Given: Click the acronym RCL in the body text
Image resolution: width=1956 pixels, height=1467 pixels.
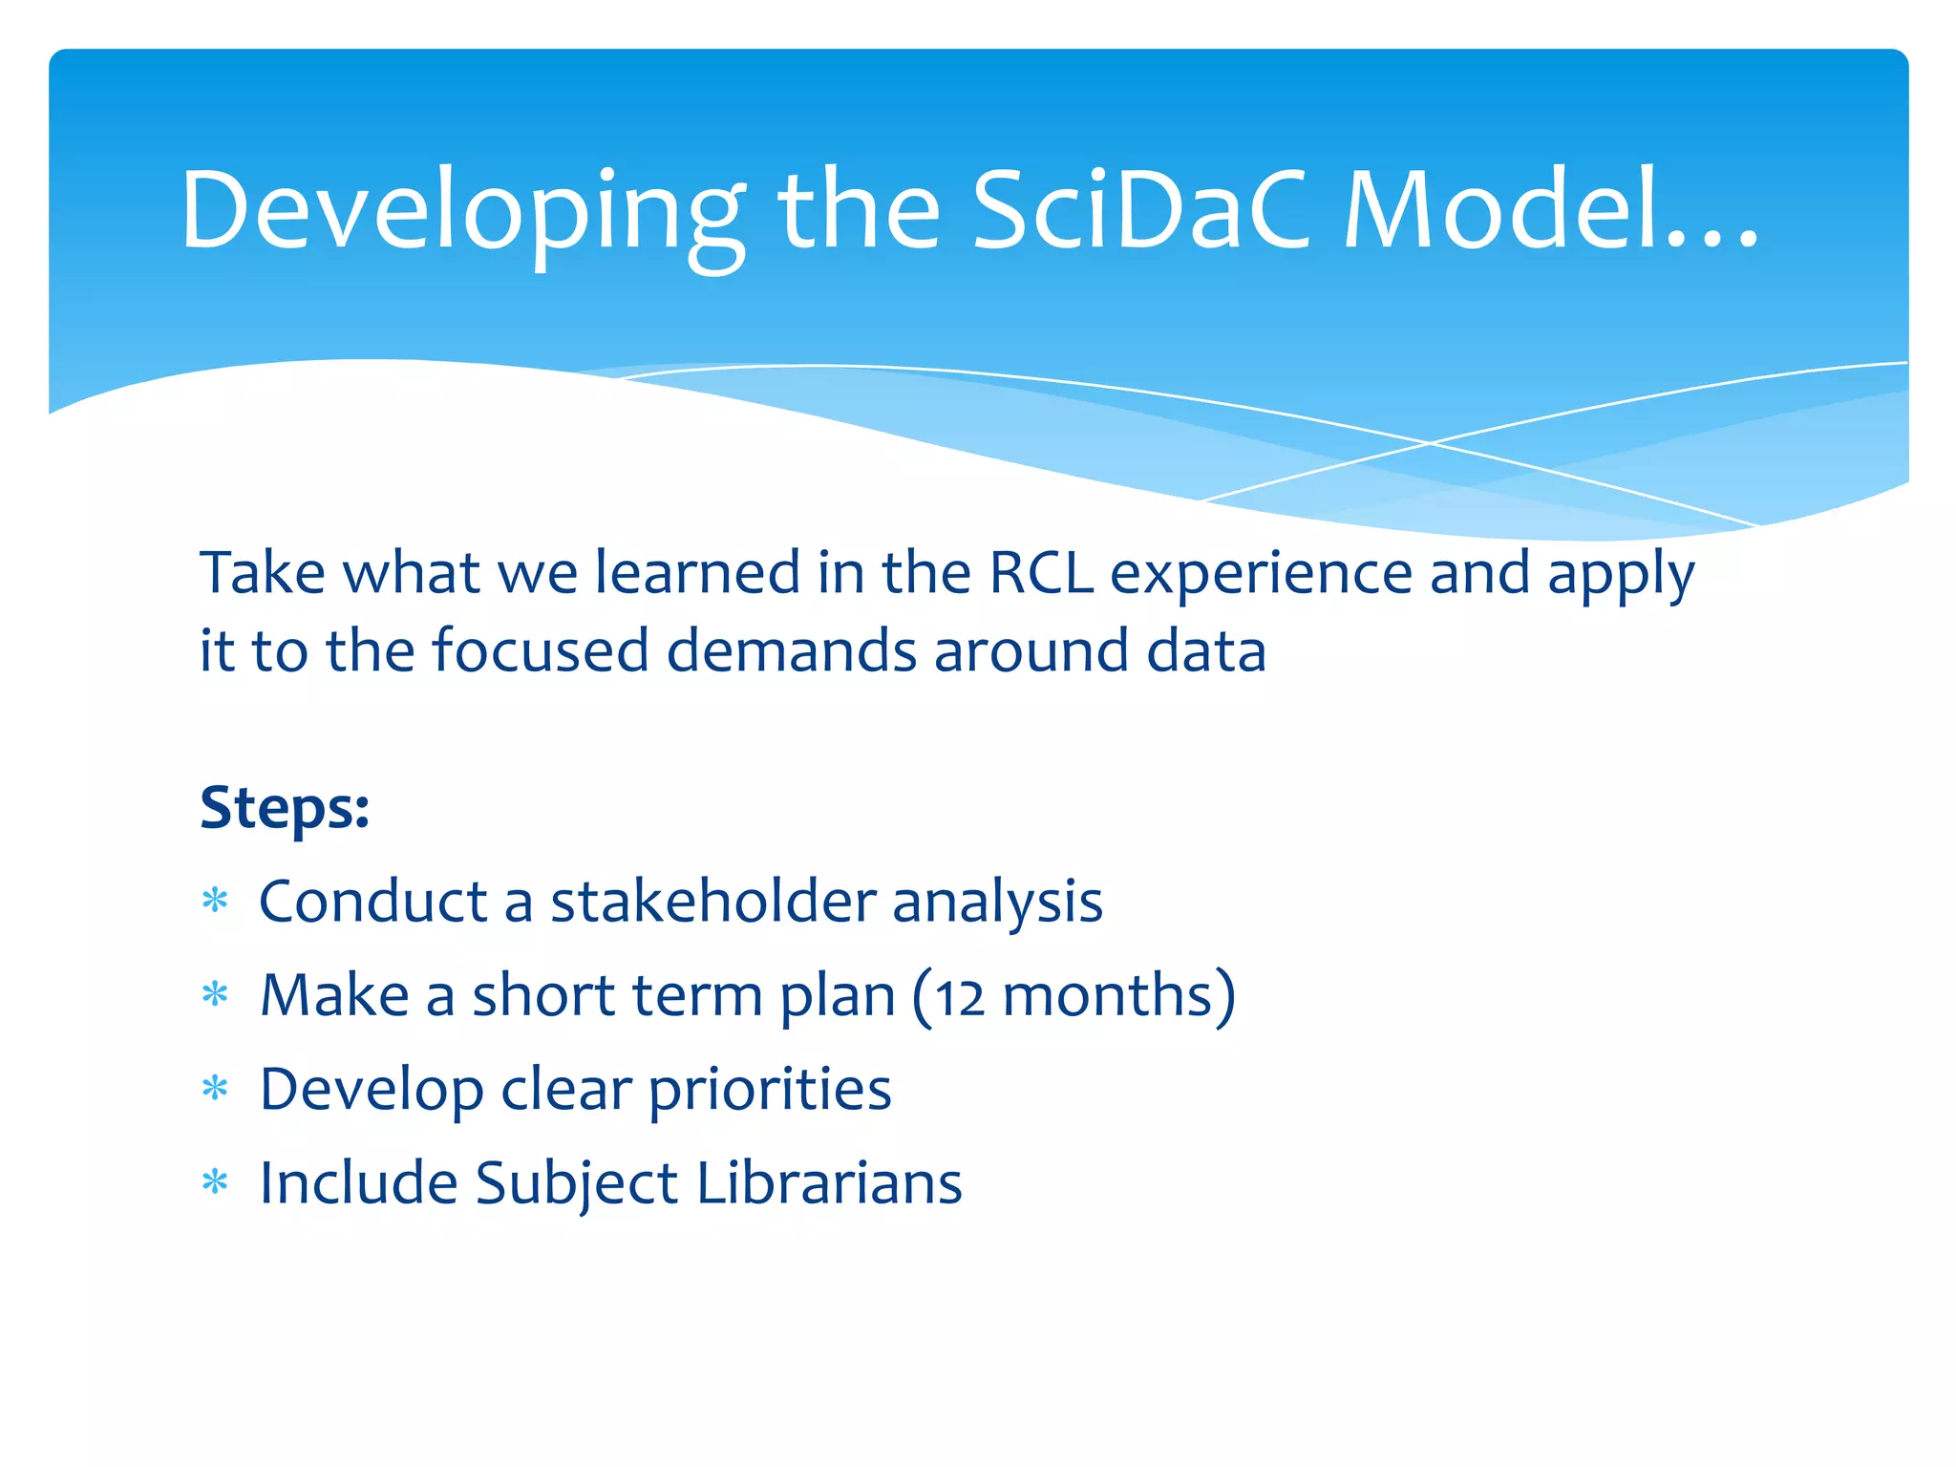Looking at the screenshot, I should tap(1041, 573).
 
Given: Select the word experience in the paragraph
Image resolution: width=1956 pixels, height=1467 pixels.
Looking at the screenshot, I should tap(1261, 575).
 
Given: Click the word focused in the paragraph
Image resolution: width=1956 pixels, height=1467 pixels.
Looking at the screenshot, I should tap(541, 651).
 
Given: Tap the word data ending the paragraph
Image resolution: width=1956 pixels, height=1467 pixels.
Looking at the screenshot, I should tap(1206, 651).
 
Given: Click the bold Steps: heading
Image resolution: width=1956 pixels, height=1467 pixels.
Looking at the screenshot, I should tap(285, 808).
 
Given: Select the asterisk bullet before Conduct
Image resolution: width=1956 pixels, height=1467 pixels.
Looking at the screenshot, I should tap(216, 901).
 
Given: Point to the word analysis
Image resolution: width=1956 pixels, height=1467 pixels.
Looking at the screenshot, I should tap(997, 903).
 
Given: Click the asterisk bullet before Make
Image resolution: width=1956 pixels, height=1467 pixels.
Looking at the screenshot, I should tap(216, 995).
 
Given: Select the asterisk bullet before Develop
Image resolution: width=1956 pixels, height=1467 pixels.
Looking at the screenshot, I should tap(216, 1089).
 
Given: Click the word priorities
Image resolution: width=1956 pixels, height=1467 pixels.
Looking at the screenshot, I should tap(770, 1091).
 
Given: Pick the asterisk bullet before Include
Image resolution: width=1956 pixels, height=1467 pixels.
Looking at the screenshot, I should tap(216, 1183).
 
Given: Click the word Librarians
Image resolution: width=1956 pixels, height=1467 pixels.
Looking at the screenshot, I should tap(829, 1183).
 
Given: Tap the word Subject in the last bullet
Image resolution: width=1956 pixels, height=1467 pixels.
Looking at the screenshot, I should tap(576, 1185).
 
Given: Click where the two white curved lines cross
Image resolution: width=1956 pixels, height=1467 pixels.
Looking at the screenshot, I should tap(1430, 443).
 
